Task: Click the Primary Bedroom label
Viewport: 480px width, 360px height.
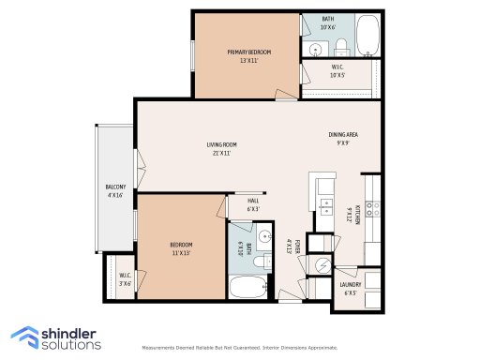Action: [248, 55]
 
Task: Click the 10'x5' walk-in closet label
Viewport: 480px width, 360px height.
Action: [338, 71]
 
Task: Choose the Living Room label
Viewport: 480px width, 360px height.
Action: [221, 148]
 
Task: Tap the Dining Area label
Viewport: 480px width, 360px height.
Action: [343, 139]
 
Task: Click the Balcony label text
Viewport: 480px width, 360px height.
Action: [115, 190]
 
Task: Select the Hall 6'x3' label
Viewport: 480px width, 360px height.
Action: [253, 203]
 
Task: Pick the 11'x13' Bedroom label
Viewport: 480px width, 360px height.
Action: [181, 248]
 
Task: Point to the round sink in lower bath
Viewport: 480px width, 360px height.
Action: [264, 236]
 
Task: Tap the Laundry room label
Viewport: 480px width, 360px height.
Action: [352, 287]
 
